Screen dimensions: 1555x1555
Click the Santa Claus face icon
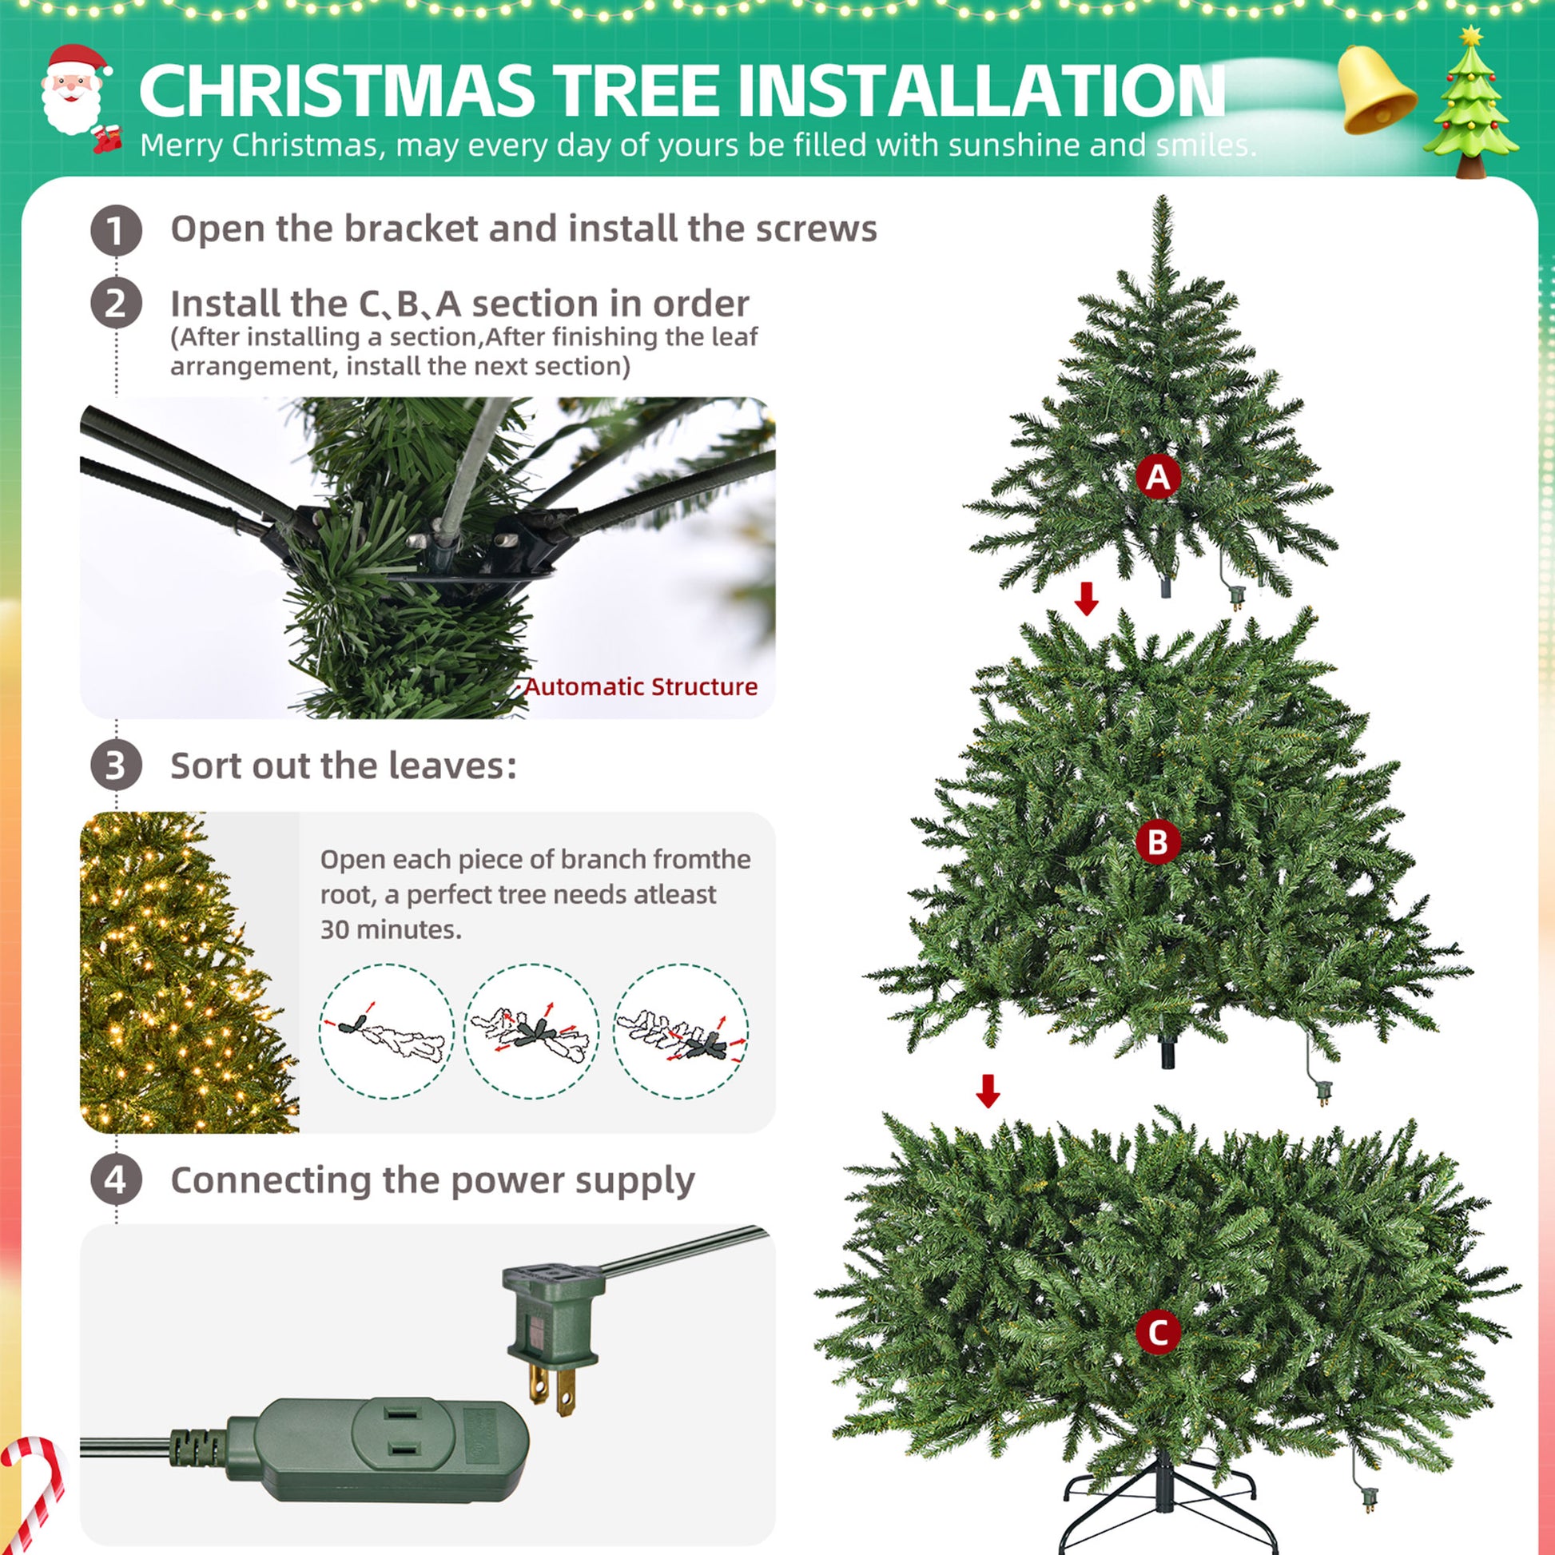[74, 91]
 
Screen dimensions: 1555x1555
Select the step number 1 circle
[116, 230]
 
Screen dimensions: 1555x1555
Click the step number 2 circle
[116, 304]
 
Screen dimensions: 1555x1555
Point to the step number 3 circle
[116, 765]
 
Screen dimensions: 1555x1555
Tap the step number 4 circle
[116, 1180]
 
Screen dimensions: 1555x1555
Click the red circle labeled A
[1157, 476]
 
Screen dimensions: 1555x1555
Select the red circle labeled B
[1157, 842]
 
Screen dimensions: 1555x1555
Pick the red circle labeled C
[1157, 1331]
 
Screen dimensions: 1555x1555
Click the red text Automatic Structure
[641, 686]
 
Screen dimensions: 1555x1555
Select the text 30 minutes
[391, 929]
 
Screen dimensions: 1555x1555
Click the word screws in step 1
[821, 229]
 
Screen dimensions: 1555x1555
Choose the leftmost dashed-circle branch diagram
[386, 1031]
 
